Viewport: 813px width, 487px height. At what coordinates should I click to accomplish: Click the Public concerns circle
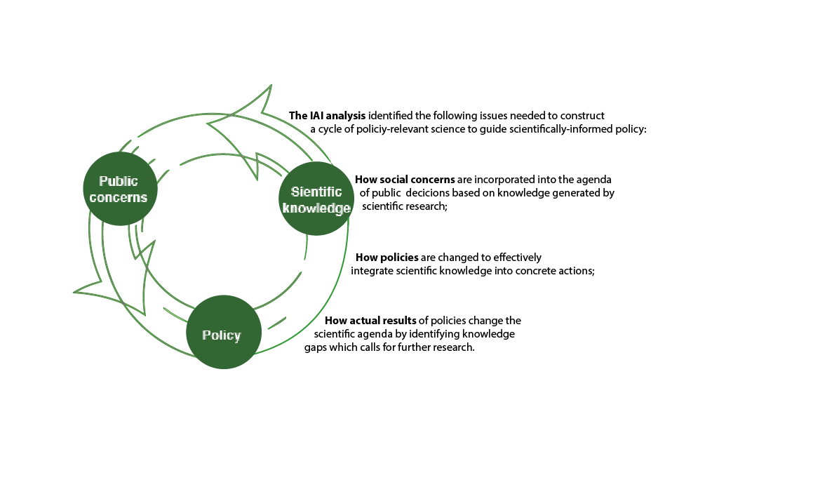tap(120, 189)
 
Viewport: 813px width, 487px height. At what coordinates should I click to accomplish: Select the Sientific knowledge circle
tap(316, 199)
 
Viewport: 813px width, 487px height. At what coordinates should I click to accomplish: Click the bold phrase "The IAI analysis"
tap(328, 115)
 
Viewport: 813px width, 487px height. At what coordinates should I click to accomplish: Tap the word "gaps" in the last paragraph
tap(316, 347)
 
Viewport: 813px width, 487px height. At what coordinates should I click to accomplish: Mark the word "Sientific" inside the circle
tap(316, 192)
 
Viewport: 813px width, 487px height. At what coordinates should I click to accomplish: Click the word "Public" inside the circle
tap(119, 181)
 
